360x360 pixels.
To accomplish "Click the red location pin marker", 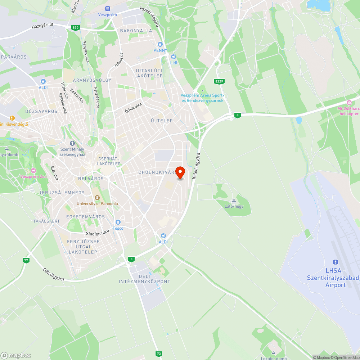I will (x=180, y=172).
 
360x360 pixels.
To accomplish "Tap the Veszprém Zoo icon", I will (x=34, y=170).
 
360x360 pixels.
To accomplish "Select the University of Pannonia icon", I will (x=97, y=198).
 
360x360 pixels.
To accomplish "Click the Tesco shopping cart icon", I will (x=118, y=222).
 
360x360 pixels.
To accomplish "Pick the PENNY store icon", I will (x=160, y=44).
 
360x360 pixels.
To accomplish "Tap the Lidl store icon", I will (x=174, y=57).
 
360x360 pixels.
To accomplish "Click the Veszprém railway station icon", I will (x=107, y=8).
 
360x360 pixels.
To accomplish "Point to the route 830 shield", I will (x=75, y=28).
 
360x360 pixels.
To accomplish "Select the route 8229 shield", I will (x=219, y=81).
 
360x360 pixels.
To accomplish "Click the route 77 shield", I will (x=26, y=260).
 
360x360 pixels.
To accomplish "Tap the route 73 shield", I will (x=159, y=354).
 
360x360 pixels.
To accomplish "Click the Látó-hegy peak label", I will (x=234, y=206).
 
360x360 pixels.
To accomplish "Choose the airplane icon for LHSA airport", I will (x=336, y=262).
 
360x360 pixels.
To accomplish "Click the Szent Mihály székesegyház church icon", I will (x=72, y=143).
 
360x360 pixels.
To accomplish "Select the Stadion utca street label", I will (x=97, y=233).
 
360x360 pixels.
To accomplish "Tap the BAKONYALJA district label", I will (x=136, y=31).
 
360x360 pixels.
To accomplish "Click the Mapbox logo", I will (x=16, y=355).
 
